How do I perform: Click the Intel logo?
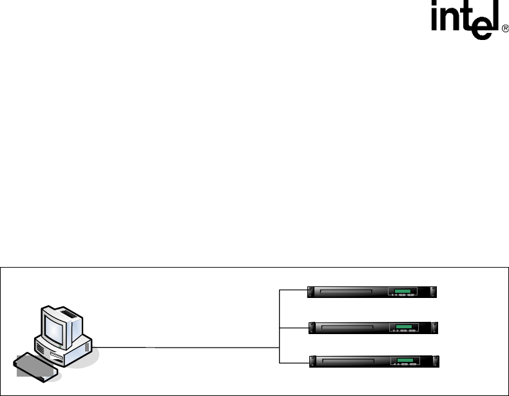click(463, 23)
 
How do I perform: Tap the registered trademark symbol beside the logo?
click(504, 30)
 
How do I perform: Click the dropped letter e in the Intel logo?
click(477, 29)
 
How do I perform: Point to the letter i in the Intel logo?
click(436, 22)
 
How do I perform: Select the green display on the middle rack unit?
click(403, 326)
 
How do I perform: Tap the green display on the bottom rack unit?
click(403, 361)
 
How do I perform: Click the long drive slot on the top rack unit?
click(351, 292)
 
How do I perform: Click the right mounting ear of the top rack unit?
click(434, 292)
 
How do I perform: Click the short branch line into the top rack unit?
click(294, 291)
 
